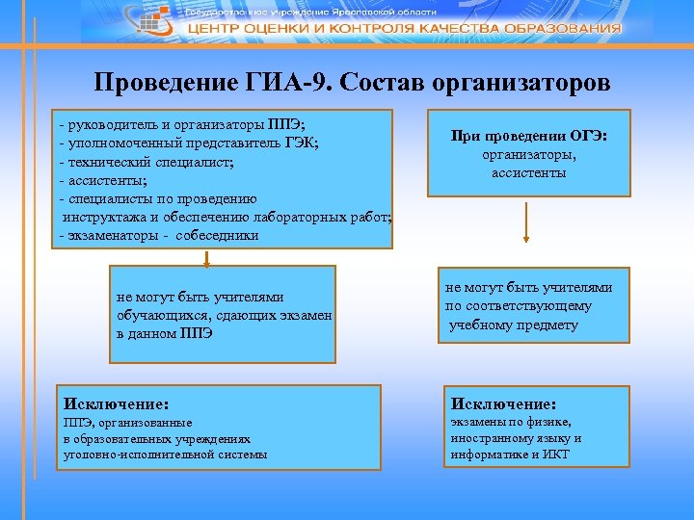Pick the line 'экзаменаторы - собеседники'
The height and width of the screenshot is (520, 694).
[159, 234]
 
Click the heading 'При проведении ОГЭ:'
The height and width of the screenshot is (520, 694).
[528, 137]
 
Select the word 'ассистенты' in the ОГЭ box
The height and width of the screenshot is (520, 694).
[528, 173]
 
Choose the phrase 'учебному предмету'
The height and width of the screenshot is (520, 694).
[514, 325]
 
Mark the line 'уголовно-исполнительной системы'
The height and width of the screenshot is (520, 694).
[165, 454]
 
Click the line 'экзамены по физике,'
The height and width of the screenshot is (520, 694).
[508, 422]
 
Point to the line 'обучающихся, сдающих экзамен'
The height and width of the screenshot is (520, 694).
[224, 315]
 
